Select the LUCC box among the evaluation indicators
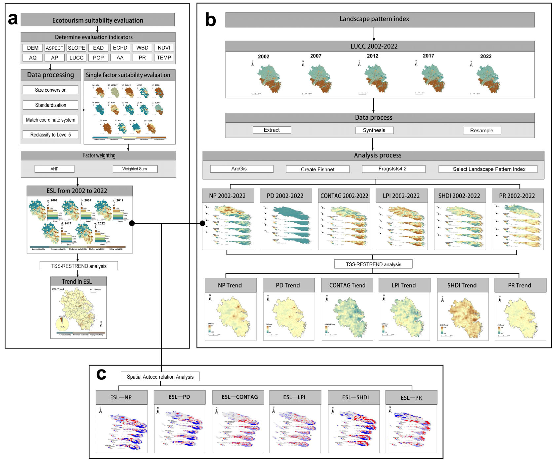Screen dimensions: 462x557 click(76, 58)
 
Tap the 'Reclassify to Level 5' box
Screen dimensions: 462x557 click(50, 135)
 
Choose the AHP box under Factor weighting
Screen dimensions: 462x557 click(54, 169)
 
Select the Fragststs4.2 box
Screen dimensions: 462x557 click(393, 169)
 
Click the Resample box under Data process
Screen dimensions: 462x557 click(482, 131)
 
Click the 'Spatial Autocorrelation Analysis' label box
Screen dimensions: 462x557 click(160, 377)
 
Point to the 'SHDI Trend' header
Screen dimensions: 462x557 click(462, 285)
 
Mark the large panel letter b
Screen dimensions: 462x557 click(211, 20)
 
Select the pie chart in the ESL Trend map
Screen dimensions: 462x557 click(62, 324)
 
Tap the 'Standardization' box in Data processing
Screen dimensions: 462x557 click(50, 105)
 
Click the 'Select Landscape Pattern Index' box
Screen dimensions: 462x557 click(489, 169)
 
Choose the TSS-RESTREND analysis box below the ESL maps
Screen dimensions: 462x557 click(79, 266)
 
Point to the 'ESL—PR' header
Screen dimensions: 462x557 click(411, 397)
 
